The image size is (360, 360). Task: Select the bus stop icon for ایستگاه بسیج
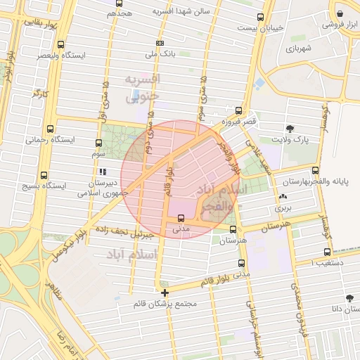(x=44, y=175)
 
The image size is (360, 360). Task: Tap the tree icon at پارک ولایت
(x=290, y=128)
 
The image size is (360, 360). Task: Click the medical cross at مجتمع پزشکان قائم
(x=165, y=292)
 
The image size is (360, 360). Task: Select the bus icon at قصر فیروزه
(x=239, y=110)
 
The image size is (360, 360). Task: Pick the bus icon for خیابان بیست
(x=261, y=17)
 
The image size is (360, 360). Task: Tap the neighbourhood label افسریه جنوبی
(x=143, y=88)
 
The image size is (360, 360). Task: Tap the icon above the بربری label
(x=283, y=197)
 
